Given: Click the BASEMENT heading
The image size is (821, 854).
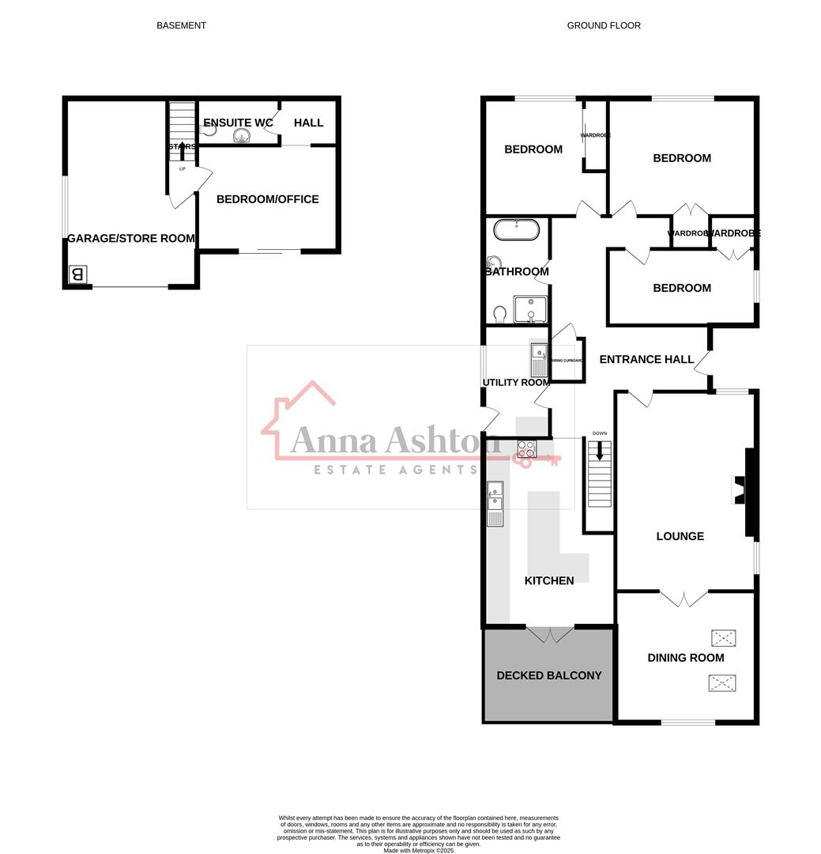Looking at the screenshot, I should click(181, 25).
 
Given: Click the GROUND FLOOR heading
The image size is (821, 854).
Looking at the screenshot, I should click(604, 25).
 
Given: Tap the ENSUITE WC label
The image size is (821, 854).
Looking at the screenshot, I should click(238, 123).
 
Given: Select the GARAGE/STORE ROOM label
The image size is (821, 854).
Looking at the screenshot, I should click(131, 238).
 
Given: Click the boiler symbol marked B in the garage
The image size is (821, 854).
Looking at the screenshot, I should click(77, 274).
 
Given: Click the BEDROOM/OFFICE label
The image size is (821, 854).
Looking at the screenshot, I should click(268, 199).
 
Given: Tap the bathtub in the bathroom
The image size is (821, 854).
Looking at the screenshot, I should click(517, 230).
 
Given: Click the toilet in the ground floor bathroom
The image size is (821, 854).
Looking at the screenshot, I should click(499, 315).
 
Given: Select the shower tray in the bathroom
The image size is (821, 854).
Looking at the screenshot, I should click(530, 309).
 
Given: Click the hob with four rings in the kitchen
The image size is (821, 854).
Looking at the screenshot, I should click(527, 449).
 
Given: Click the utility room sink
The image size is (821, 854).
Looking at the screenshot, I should click(540, 360).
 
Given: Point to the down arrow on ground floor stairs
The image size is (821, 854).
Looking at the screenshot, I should click(600, 451).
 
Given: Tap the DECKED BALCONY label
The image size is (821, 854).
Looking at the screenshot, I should click(549, 675).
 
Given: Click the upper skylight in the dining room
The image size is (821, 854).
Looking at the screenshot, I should click(723, 637).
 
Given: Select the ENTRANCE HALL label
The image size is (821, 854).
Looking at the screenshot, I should click(646, 359).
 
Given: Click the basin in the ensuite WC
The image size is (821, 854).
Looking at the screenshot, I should click(243, 137).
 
